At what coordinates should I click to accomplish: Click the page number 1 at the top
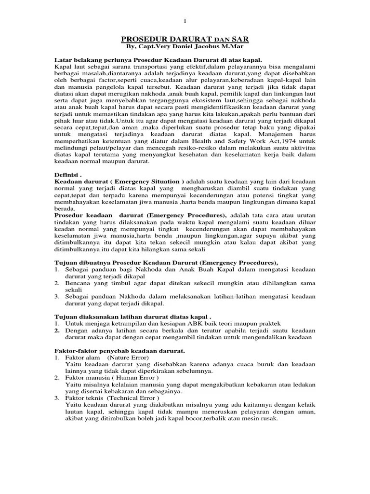[x=185, y=20]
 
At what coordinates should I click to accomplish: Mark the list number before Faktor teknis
[x=57, y=398]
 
